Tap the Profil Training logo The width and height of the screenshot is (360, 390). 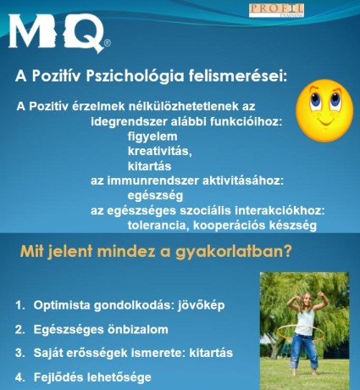click(x=276, y=10)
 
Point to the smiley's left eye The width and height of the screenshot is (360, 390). click(x=315, y=99)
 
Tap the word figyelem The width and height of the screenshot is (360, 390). click(x=152, y=136)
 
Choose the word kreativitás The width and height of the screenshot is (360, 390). click(x=160, y=151)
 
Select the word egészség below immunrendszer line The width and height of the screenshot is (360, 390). click(x=155, y=196)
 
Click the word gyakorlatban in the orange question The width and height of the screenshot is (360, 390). click(x=233, y=252)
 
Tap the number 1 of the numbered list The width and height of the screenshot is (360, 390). click(x=19, y=305)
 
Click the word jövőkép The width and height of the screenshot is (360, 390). click(x=201, y=305)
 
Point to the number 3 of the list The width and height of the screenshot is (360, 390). click(x=19, y=353)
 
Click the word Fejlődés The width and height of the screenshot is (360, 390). click(x=58, y=377)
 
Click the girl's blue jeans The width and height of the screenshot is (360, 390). click(x=304, y=350)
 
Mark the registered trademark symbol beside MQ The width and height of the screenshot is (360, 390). click(x=108, y=43)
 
